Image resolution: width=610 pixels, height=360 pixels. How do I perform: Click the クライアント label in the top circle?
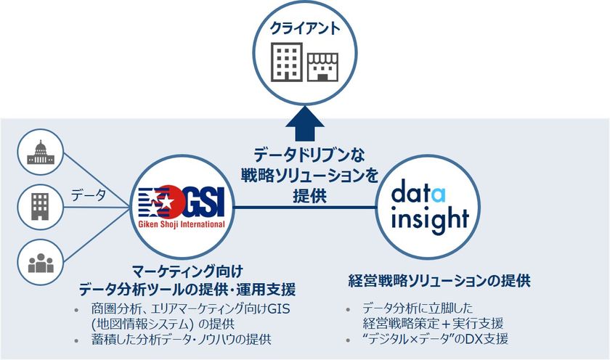305,29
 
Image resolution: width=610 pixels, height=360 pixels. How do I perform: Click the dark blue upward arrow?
304,124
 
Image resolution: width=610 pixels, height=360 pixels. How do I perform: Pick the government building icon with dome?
41,151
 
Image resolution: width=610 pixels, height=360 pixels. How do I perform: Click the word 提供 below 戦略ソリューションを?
304,196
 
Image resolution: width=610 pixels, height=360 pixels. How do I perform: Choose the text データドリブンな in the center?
304,155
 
